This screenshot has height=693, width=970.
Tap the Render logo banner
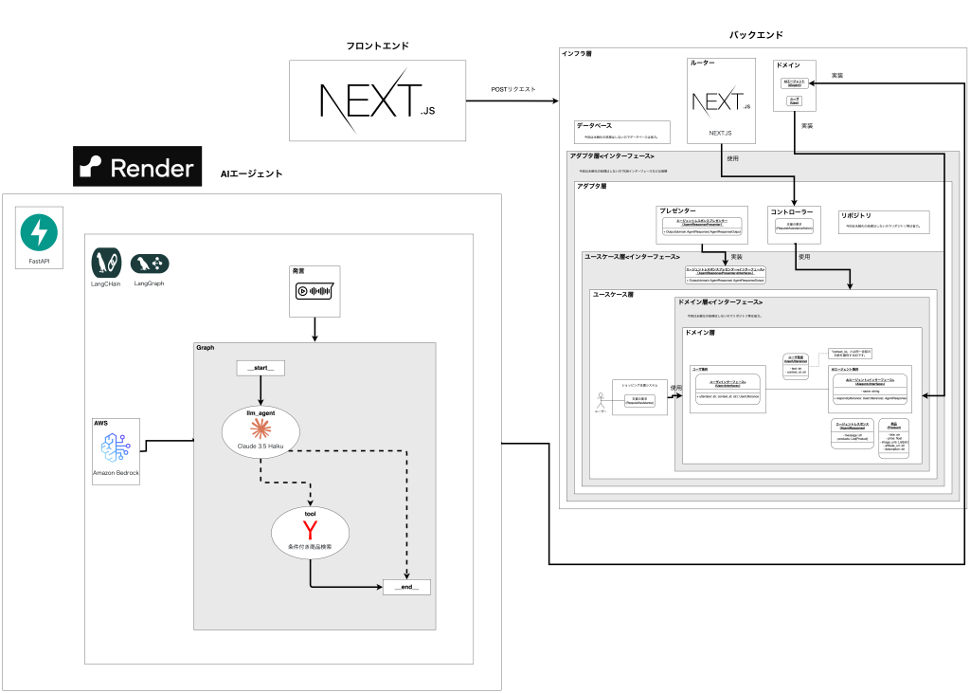pos(137,168)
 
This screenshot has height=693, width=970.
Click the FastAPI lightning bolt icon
pos(39,232)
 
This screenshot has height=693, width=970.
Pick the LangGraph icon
pos(150,264)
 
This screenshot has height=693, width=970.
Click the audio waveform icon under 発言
pos(314,291)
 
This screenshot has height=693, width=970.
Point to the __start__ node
pos(260,368)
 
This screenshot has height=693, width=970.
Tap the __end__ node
pos(405,588)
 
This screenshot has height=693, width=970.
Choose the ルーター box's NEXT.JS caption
pos(720,133)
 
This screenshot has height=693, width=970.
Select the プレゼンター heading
pos(677,210)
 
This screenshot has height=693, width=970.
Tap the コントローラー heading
pos(792,211)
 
